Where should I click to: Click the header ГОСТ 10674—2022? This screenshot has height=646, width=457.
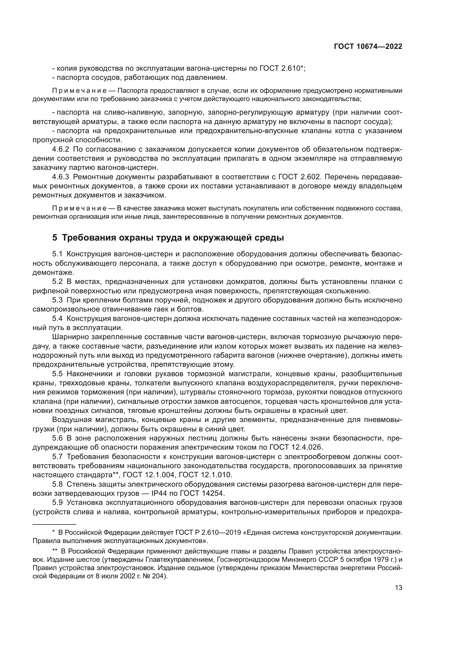[368, 47]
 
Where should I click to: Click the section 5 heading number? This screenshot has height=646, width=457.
[55, 238]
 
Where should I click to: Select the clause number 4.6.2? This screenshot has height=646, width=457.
[61, 149]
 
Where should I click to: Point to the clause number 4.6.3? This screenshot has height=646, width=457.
[61, 177]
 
